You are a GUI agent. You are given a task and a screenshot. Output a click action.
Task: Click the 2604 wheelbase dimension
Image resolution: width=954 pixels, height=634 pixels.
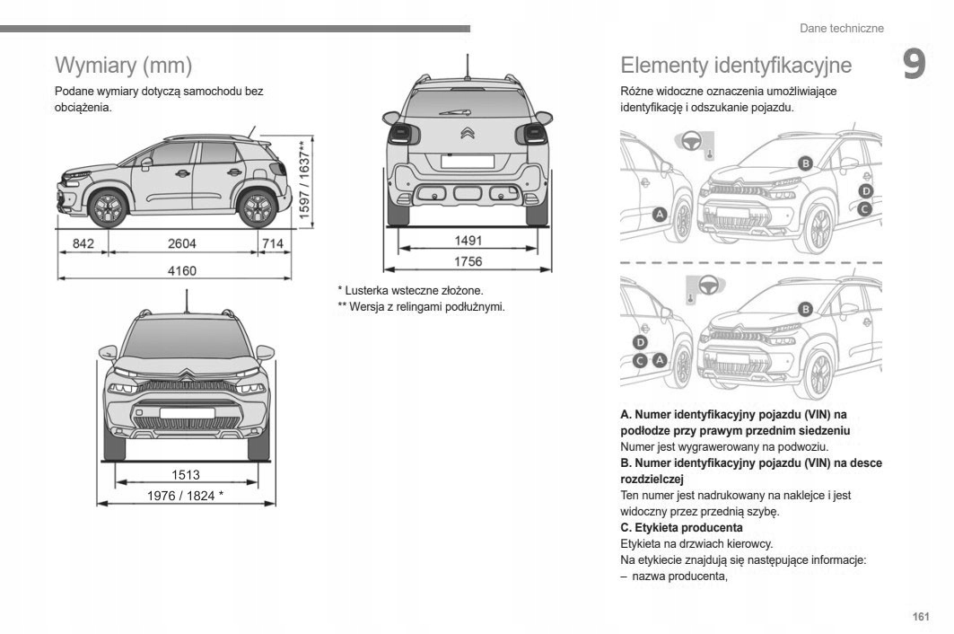click(181, 243)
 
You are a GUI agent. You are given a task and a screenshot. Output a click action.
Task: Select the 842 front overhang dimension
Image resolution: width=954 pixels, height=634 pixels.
click(83, 243)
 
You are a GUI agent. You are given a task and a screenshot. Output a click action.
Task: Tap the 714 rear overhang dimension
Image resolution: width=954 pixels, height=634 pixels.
click(272, 243)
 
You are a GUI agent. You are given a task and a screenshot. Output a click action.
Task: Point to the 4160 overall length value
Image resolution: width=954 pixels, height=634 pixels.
click(181, 270)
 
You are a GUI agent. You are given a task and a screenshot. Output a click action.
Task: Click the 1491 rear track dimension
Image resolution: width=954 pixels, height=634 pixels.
click(468, 241)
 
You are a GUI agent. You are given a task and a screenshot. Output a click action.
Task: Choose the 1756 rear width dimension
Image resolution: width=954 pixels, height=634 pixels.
click(468, 262)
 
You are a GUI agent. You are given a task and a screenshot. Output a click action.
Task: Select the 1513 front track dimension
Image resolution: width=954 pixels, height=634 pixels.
click(186, 475)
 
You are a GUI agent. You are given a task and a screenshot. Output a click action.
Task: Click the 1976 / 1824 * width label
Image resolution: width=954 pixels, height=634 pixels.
click(186, 496)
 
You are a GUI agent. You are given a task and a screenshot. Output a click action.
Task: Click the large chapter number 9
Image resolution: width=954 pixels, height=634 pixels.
click(914, 66)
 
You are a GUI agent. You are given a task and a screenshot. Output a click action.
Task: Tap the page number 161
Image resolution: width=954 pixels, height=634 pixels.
click(920, 616)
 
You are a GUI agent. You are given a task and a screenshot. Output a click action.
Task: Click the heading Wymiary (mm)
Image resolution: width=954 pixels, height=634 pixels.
click(124, 66)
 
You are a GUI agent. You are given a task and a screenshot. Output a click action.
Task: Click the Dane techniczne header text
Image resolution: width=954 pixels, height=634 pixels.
click(841, 29)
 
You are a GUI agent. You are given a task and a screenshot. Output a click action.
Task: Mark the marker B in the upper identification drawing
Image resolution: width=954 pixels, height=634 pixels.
click(805, 163)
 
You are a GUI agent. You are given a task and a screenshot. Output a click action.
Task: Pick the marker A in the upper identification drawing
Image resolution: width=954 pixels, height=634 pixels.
click(660, 215)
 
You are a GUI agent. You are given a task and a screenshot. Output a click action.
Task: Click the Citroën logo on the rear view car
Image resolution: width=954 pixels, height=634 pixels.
click(468, 135)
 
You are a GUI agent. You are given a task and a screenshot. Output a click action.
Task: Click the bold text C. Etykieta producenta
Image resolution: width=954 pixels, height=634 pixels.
click(681, 527)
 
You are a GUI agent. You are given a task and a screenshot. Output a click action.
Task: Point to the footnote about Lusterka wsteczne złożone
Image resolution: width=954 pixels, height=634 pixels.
click(410, 291)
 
